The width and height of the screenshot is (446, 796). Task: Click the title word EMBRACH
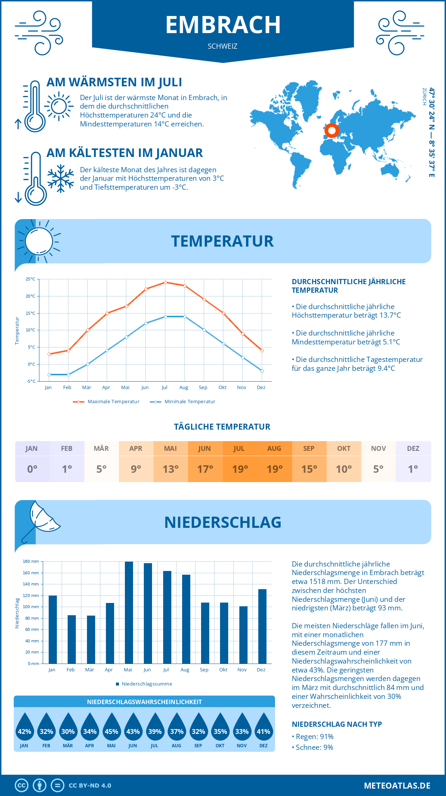click(223, 25)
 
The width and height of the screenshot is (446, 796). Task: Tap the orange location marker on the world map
click(332, 131)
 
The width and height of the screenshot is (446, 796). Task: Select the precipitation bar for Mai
click(129, 612)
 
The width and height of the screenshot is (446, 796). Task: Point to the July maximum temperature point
click(165, 282)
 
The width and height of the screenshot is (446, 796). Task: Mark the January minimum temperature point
click(49, 375)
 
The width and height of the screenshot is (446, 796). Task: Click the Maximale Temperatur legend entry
click(106, 402)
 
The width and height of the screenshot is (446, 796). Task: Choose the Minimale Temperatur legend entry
click(182, 402)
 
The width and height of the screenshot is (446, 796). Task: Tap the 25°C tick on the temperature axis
click(30, 279)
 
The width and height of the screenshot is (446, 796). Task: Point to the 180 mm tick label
click(31, 561)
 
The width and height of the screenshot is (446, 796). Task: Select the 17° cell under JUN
click(205, 469)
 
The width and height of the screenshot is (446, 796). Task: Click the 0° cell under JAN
click(32, 469)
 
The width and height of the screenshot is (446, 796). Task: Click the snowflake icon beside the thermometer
click(61, 179)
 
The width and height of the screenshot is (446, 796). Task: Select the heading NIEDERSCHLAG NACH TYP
click(337, 724)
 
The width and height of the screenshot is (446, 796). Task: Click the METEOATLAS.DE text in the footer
click(397, 786)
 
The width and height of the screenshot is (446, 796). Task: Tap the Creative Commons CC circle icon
click(22, 786)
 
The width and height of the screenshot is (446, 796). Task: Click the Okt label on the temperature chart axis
click(222, 388)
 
